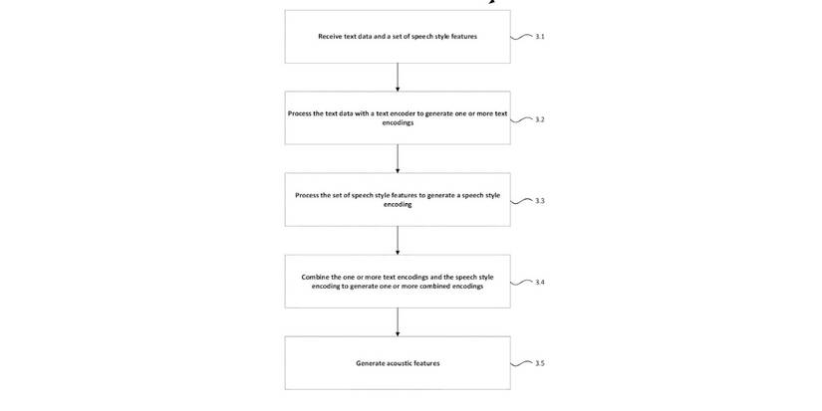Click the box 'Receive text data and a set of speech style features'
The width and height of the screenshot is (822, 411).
(398, 37)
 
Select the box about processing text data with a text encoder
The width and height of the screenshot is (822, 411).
(398, 118)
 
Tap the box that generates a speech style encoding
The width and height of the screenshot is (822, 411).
(398, 200)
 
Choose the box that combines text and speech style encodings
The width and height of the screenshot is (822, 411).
(398, 282)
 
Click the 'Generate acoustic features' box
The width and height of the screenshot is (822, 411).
(398, 363)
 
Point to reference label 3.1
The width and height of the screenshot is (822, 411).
(540, 37)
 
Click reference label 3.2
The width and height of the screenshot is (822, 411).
(540, 119)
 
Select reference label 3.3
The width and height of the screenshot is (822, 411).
(540, 201)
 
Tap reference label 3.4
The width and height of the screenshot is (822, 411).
(540, 283)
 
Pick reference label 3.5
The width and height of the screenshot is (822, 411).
(540, 364)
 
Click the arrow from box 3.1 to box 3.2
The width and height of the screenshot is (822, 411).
(398, 78)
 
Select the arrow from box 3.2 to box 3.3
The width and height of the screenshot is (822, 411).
(398, 159)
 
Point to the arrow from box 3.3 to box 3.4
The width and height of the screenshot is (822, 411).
(398, 241)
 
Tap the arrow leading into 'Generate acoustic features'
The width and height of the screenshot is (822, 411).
(398, 322)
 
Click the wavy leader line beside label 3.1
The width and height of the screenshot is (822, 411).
(521, 37)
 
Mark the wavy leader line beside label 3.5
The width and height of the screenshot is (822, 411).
(521, 363)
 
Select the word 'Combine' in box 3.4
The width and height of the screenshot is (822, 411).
(316, 277)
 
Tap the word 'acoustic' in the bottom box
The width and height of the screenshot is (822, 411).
(399, 363)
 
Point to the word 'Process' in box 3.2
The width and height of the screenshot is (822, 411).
(299, 113)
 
